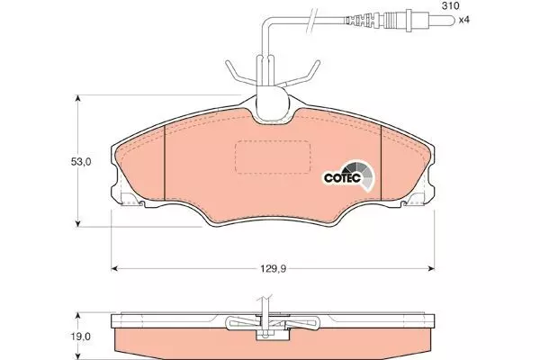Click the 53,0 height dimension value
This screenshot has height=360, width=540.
pyautogui.click(x=81, y=162)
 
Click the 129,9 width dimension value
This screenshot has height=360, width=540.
pyautogui.click(x=273, y=268)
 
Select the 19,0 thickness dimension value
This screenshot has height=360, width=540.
pyautogui.click(x=81, y=337)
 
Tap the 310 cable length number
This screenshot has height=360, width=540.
pyautogui.click(x=451, y=6)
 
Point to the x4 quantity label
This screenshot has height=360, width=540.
pyautogui.click(x=463, y=20)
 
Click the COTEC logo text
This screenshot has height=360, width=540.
pyautogui.click(x=342, y=178)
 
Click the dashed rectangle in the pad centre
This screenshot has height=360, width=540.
pyautogui.click(x=273, y=157)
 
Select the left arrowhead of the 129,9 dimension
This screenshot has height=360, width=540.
pyautogui.click(x=114, y=268)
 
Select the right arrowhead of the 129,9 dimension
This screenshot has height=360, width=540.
pyautogui.click(x=431, y=268)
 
